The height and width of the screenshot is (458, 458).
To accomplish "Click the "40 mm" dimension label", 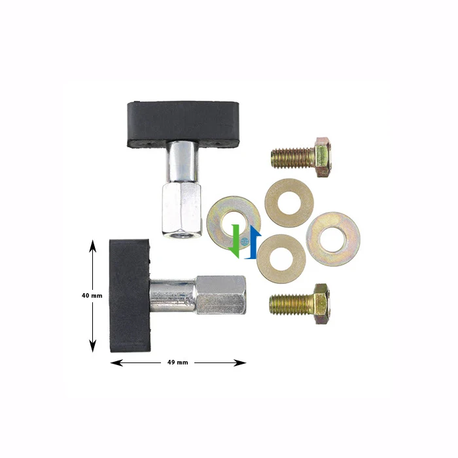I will [x=92, y=295].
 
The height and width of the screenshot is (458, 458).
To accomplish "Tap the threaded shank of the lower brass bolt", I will [x=289, y=305].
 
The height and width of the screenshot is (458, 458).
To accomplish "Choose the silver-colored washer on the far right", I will [x=331, y=238].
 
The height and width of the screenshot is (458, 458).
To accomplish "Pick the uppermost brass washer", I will [x=289, y=203].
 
